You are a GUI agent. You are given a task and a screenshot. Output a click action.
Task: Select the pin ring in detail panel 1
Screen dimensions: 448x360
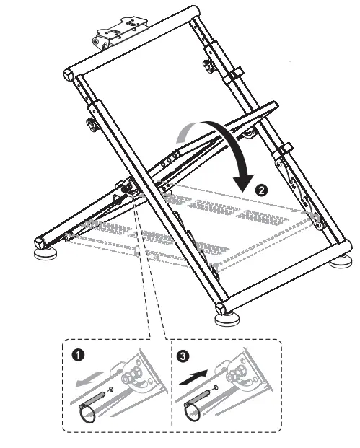[90, 412]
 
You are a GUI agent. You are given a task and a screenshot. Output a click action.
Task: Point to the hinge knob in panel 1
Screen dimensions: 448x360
[133, 377]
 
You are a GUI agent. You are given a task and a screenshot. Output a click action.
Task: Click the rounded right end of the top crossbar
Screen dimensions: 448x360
[193, 11]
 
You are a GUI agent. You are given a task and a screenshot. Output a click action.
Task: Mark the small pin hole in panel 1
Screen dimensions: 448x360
[108, 392]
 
